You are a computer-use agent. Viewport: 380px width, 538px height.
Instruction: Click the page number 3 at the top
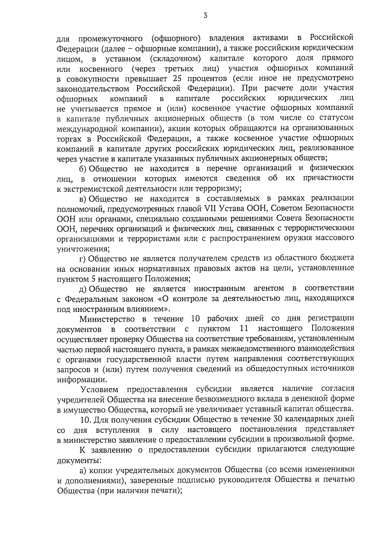(206, 15)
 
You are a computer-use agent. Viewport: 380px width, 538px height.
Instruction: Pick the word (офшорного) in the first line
(176, 39)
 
